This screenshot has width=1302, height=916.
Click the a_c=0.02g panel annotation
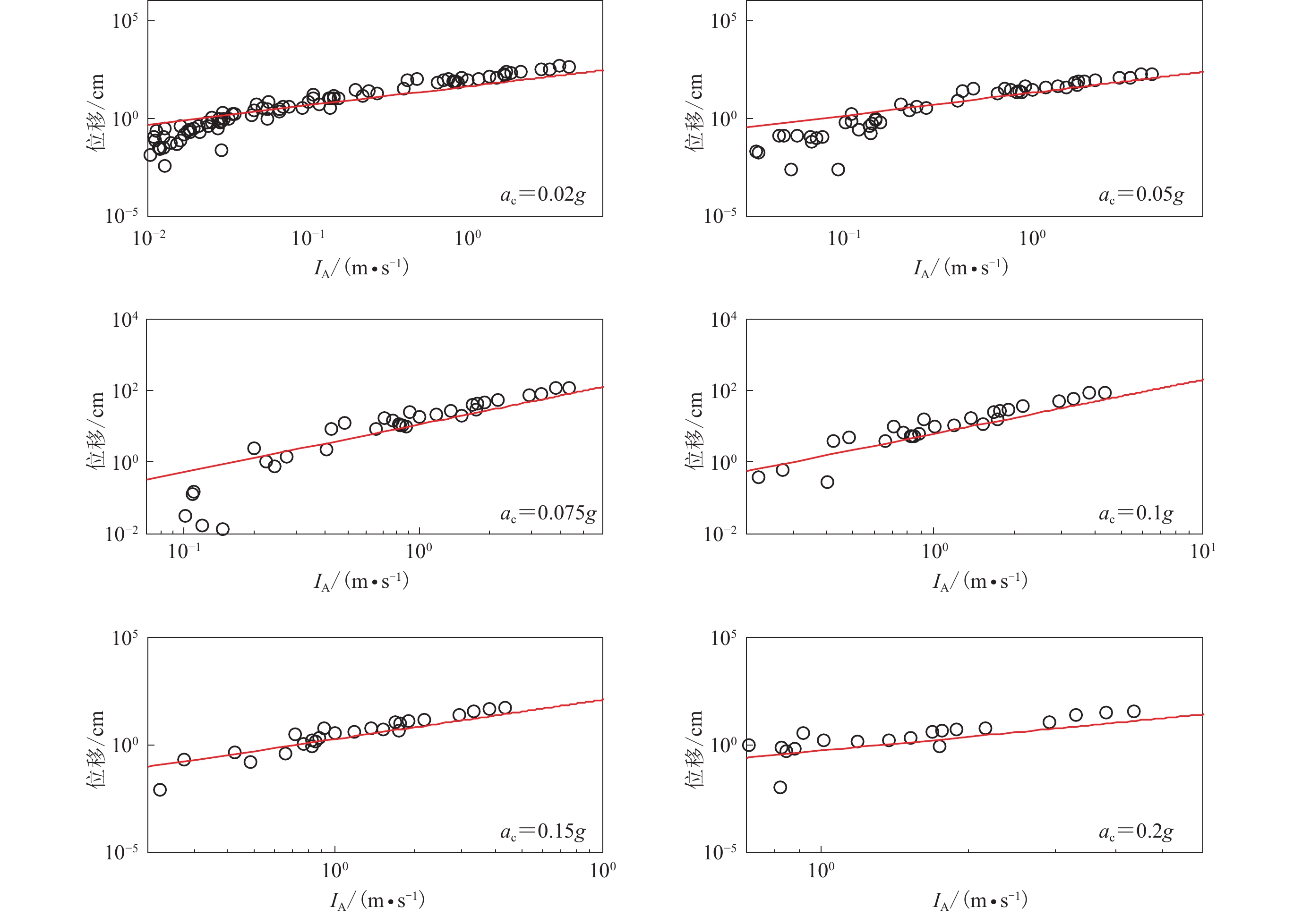click(x=543, y=195)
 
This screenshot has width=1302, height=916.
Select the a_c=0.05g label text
click(x=1141, y=195)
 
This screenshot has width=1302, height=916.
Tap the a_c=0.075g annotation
click(x=548, y=514)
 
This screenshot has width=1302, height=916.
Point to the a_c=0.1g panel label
click(x=1136, y=514)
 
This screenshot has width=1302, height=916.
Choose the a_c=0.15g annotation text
click(x=543, y=831)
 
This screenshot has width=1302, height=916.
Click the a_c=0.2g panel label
click(x=1136, y=831)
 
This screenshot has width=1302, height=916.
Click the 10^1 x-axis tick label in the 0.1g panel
click(x=1202, y=551)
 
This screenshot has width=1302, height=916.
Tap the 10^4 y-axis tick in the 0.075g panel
click(x=125, y=320)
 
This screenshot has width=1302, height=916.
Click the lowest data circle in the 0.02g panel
click(x=164, y=166)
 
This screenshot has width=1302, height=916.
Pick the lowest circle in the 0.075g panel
click(x=223, y=529)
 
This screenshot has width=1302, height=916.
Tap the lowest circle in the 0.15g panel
click(x=160, y=789)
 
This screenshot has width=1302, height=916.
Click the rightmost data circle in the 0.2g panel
click(x=1133, y=712)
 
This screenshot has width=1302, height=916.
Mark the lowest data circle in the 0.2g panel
click(x=780, y=787)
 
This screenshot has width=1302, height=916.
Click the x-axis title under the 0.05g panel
click(x=960, y=268)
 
